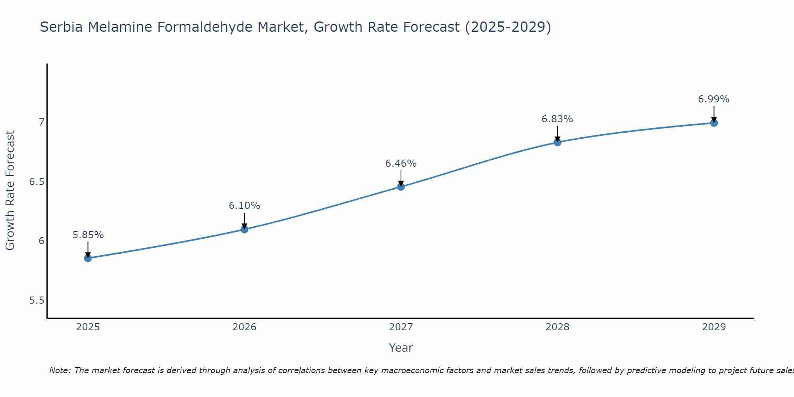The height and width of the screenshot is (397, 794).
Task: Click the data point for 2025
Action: (x=88, y=258)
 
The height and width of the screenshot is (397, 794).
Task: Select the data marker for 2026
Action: (x=244, y=229)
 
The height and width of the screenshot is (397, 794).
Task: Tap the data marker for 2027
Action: (x=401, y=187)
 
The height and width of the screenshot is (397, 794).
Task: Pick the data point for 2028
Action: (x=557, y=142)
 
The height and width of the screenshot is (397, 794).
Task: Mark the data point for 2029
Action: (x=714, y=123)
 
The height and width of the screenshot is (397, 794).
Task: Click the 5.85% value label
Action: (x=88, y=235)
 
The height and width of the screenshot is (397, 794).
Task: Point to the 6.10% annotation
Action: (x=244, y=206)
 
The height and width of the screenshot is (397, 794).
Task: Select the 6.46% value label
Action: (x=401, y=164)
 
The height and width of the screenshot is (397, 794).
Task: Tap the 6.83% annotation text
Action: (x=557, y=119)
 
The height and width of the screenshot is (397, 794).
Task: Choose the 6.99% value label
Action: (x=714, y=99)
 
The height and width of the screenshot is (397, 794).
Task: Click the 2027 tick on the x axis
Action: (x=401, y=327)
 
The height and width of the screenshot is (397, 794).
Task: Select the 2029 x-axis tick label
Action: (x=714, y=327)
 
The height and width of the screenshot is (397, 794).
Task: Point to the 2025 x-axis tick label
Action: (x=88, y=327)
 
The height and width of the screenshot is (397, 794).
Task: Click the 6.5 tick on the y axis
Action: (x=37, y=182)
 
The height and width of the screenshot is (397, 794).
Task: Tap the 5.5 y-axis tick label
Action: (x=37, y=301)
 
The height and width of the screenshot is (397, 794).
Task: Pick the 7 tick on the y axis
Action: (x=41, y=122)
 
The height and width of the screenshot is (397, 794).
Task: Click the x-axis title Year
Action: (x=401, y=348)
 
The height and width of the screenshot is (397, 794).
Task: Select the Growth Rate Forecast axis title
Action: (x=10, y=191)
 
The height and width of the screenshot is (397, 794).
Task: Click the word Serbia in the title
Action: (x=62, y=27)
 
